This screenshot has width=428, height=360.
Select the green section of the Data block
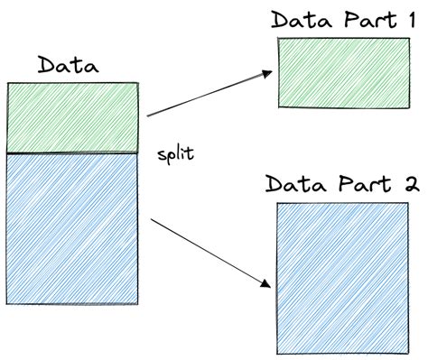72,118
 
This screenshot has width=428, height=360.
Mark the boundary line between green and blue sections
72,154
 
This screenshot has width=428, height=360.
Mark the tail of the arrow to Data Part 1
150,115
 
